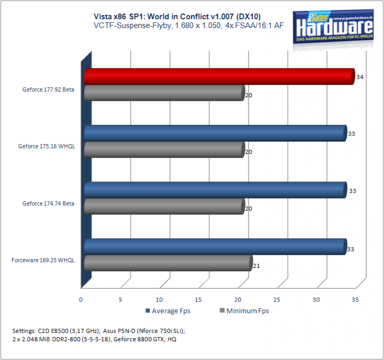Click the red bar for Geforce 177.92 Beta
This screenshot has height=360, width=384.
pos(219,76)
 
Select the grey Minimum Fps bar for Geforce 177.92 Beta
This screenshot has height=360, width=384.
pos(165,93)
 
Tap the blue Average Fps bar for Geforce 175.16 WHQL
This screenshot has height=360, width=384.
pos(216,133)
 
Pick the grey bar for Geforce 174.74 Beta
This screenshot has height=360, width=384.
pos(165,206)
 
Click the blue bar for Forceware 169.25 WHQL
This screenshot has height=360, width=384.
pos(216,246)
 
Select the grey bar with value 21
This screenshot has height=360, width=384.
pos(168,263)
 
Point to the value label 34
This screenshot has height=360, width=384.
pos(360,77)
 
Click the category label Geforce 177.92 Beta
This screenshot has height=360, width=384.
pos(48,89)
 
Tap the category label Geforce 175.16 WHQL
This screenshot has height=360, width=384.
pos(46,146)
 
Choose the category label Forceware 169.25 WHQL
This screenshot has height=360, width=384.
pos(43,260)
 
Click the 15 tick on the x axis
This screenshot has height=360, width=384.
pos(198,300)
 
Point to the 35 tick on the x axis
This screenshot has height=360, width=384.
pos(355,300)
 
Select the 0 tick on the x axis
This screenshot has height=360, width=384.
pos(81,300)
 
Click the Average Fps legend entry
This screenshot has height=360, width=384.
pos(168,311)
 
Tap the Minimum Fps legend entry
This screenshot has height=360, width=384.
pos(244,311)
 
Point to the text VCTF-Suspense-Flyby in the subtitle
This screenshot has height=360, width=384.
pos(132,25)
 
